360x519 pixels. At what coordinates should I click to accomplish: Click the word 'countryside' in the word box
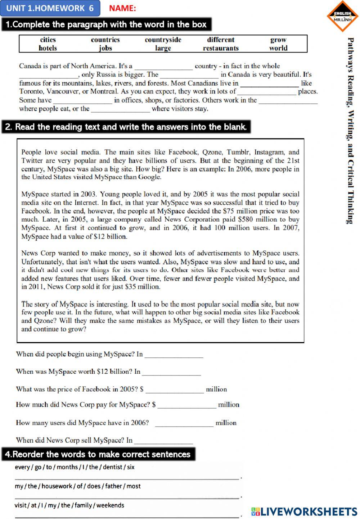click(163, 40)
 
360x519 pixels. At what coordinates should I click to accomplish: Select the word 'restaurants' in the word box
click(221, 48)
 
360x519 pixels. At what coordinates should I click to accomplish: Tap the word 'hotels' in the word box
click(48, 48)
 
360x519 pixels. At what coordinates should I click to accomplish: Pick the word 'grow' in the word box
click(278, 40)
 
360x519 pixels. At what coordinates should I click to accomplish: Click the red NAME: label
click(122, 8)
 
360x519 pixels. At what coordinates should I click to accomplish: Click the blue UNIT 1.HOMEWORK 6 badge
click(50, 8)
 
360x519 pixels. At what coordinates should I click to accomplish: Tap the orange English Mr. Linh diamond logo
click(342, 16)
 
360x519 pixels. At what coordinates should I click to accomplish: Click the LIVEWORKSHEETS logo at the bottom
click(304, 511)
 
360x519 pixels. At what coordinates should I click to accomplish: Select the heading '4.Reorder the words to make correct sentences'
click(98, 454)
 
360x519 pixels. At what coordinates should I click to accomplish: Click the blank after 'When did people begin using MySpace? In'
click(174, 355)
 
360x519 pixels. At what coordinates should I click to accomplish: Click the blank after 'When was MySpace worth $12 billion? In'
click(171, 373)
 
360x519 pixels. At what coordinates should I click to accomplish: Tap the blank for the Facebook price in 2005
click(175, 390)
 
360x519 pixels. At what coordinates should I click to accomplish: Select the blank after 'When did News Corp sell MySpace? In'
click(163, 441)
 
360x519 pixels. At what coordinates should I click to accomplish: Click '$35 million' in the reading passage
click(143, 287)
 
